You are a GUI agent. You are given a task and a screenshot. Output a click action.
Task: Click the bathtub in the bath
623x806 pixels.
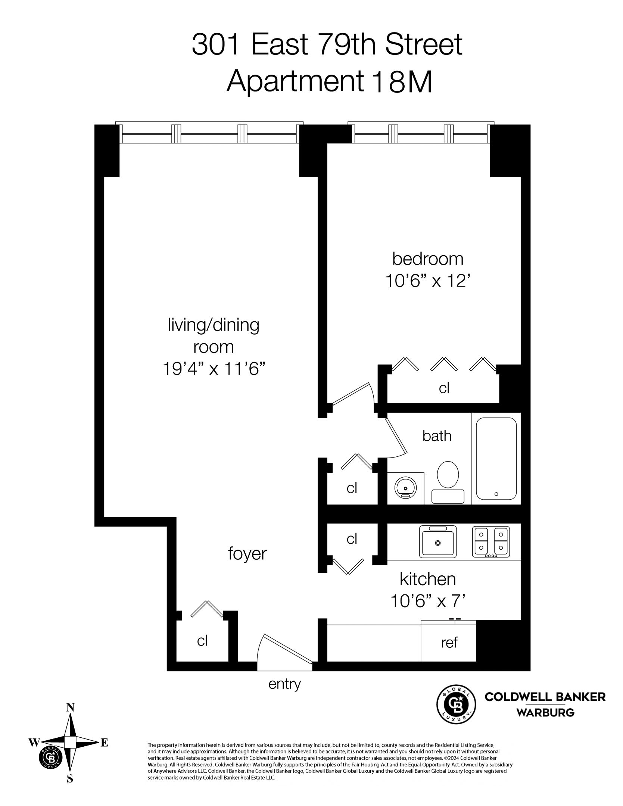(x=496, y=459)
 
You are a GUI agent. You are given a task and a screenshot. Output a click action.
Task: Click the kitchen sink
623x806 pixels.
(x=438, y=542)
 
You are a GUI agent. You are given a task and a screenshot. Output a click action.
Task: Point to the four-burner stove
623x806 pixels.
(x=490, y=542)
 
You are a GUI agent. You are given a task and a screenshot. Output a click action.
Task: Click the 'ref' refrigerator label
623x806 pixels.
(x=449, y=643)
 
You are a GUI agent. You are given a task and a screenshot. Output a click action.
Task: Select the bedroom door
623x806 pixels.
(x=353, y=394)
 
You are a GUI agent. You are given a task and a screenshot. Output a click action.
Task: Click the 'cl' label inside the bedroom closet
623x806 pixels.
(x=444, y=388)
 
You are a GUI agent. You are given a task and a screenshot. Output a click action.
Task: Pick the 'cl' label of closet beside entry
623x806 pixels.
(x=202, y=641)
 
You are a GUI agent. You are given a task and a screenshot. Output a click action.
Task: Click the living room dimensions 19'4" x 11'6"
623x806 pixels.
(x=214, y=369)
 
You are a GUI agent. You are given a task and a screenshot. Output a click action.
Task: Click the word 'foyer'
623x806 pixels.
(x=247, y=554)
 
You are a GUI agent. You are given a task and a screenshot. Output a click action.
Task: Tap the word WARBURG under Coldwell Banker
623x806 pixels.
(x=545, y=713)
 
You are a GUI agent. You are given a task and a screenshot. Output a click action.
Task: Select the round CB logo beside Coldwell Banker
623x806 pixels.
(x=456, y=705)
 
